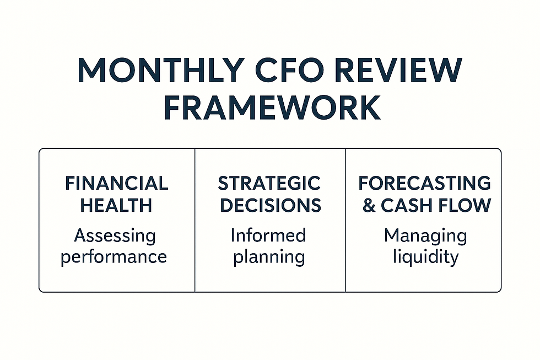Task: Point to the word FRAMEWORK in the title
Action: click(x=270, y=108)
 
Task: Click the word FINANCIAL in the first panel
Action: click(x=116, y=184)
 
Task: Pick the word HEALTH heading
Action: click(x=116, y=206)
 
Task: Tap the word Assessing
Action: click(x=115, y=236)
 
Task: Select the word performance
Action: click(x=114, y=257)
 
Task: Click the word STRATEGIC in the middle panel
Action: click(x=269, y=184)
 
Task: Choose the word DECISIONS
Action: click(x=269, y=206)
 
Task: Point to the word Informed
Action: click(x=268, y=235)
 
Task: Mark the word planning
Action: click(x=268, y=257)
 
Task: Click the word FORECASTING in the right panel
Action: click(x=424, y=184)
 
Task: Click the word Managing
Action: click(x=425, y=236)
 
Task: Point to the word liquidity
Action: click(x=425, y=257)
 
